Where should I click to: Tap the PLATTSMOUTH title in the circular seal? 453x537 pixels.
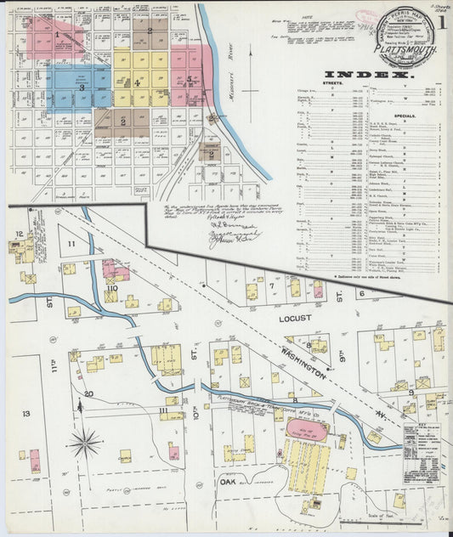click(x=414, y=51)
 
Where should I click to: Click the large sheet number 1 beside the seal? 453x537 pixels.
click(x=445, y=24)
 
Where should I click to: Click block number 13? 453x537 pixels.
click(x=25, y=413)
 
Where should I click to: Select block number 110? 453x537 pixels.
click(x=110, y=288)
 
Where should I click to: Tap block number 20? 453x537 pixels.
click(x=88, y=393)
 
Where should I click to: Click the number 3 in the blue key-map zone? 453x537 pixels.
click(x=82, y=87)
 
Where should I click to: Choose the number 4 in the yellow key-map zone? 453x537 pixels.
click(x=136, y=82)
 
